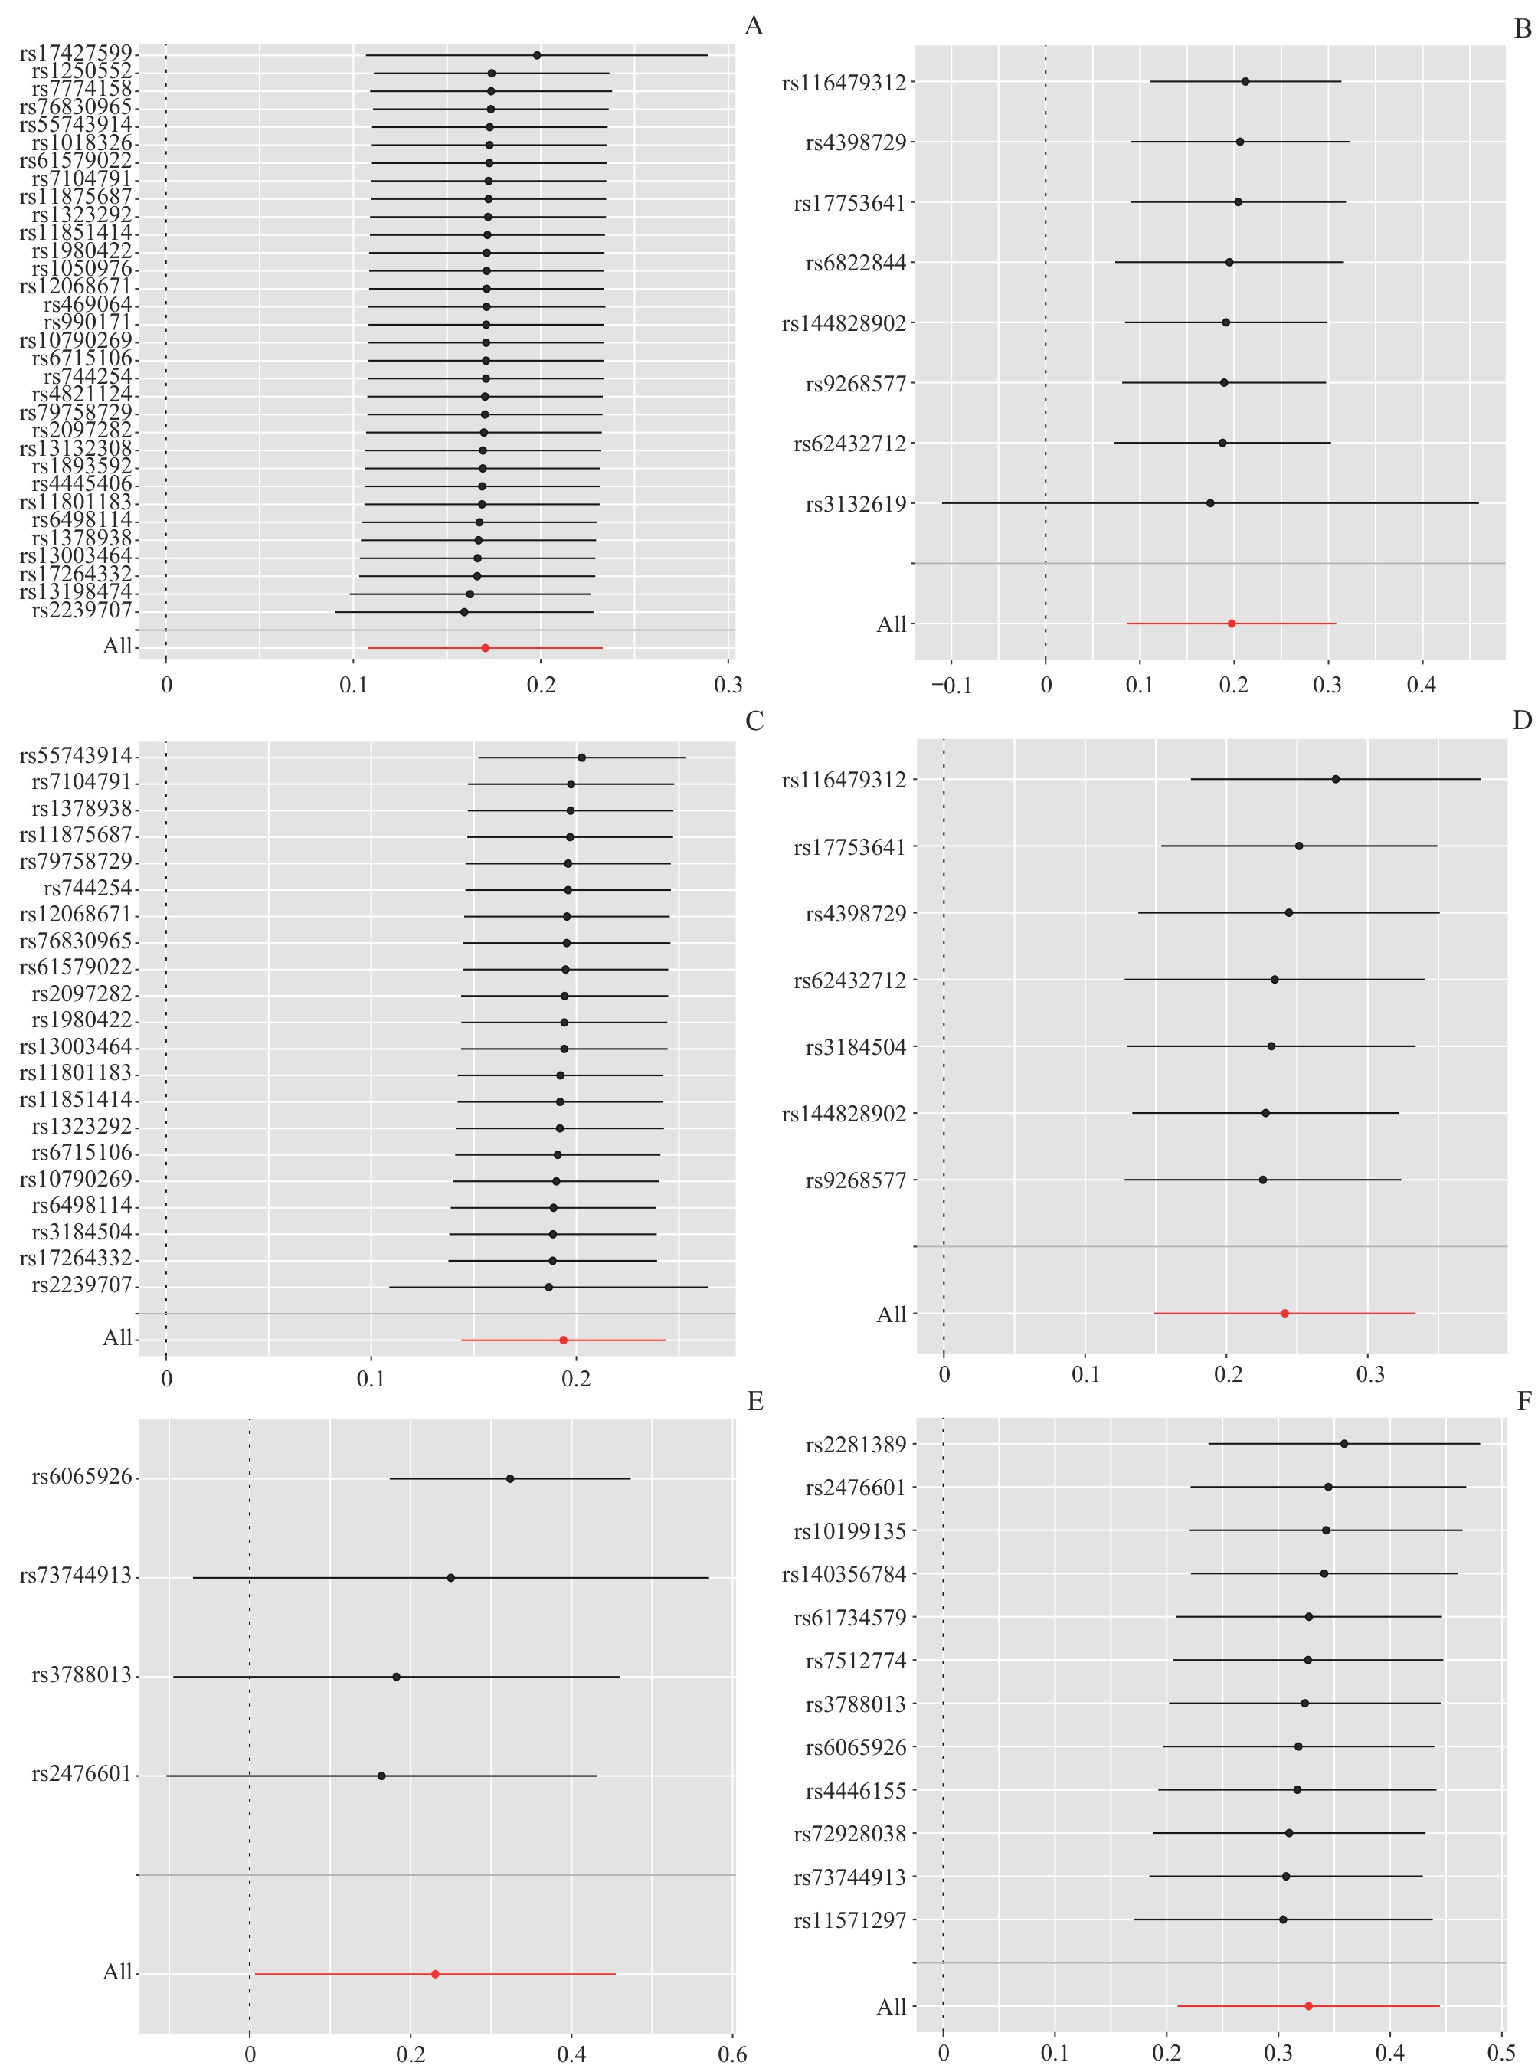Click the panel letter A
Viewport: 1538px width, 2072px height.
pos(753,26)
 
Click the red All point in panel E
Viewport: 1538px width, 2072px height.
pos(435,1973)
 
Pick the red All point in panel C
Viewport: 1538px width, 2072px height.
pos(563,1340)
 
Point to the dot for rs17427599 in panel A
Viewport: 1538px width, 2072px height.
pos(537,55)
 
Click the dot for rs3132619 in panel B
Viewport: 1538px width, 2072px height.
pos(1210,502)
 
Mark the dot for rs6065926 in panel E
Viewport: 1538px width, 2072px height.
pos(510,1478)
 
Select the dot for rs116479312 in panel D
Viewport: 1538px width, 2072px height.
pos(1336,778)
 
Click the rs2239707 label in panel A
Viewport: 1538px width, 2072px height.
pos(82,610)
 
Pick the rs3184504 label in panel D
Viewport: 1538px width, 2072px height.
pos(856,1047)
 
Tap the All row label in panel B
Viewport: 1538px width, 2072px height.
pos(891,624)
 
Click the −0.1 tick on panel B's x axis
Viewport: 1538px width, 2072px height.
pos(951,686)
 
